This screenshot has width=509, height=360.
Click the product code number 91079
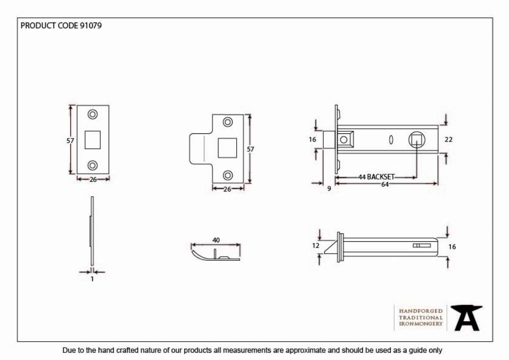91,25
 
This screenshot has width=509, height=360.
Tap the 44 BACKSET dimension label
376,177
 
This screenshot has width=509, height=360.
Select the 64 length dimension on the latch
385,184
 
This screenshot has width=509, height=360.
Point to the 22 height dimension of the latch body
448,140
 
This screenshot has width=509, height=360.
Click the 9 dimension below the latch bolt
329,188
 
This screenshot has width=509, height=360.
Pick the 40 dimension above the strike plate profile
216,240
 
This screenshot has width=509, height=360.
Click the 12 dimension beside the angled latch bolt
316,246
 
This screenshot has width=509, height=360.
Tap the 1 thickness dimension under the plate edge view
92,279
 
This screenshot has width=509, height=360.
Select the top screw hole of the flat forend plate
93,114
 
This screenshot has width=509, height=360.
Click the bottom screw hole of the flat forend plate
93,165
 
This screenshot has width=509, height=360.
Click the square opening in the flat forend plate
93,140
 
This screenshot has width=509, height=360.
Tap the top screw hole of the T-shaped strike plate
228,122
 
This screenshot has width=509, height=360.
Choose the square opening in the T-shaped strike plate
227,148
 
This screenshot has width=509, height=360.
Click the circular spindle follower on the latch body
417,140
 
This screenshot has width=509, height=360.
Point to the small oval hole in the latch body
391,140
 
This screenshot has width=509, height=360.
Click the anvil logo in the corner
466,318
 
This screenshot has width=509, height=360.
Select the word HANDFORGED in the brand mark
421,311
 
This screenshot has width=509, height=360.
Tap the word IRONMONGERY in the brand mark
421,324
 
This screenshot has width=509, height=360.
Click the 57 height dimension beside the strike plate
250,149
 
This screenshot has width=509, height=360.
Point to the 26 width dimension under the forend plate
93,180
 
